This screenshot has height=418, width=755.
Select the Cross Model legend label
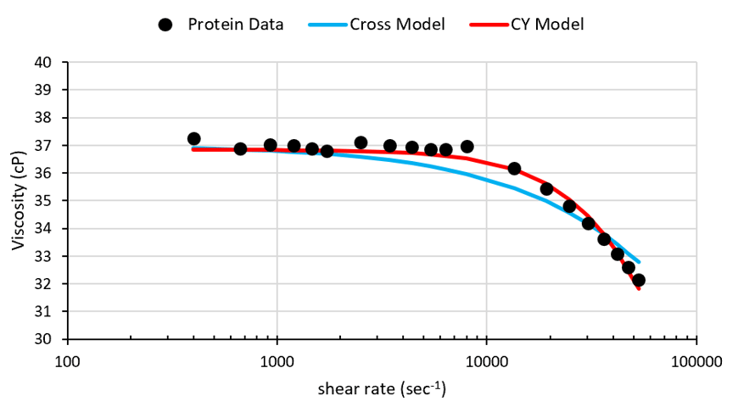pyautogui.click(x=397, y=24)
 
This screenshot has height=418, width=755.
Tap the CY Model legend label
pyautogui.click(x=546, y=24)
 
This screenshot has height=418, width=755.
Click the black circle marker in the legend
pyautogui.click(x=166, y=25)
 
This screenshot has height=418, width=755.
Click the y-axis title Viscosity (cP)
pyautogui.click(x=19, y=200)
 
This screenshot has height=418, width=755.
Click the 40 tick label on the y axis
pyautogui.click(x=43, y=63)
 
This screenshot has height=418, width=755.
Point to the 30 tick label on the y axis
pyautogui.click(x=43, y=339)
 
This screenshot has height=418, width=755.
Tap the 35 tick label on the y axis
pyautogui.click(x=43, y=201)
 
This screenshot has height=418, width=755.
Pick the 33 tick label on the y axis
pyautogui.click(x=43, y=256)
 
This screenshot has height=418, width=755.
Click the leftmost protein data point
pyautogui.click(x=193, y=139)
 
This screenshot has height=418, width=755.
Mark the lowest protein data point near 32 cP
pyautogui.click(x=639, y=280)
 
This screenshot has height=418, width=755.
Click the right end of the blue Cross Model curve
pyautogui.click(x=639, y=262)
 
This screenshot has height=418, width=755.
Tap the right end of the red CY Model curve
pyautogui.click(x=639, y=289)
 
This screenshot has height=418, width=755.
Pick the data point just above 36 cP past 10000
pyautogui.click(x=514, y=169)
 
